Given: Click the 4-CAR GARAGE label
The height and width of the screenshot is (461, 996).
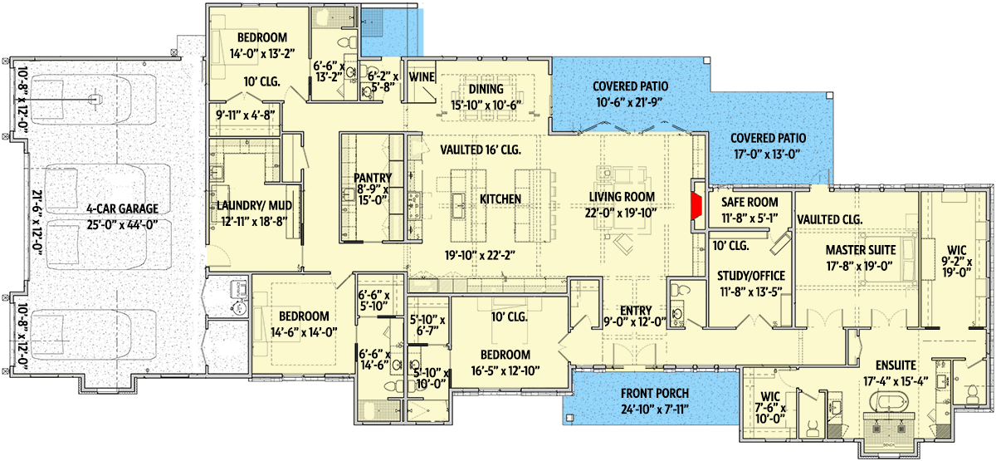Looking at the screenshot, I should click(110, 208).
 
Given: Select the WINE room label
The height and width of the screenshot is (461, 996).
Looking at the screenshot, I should click(422, 77).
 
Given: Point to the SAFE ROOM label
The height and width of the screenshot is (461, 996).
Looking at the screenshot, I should click(749, 202).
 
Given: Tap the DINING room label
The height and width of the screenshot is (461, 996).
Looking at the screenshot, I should click(491, 90).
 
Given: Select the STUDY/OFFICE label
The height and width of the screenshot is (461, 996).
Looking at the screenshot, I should click(750, 276).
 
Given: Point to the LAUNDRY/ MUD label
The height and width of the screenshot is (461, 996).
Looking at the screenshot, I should click(250, 205).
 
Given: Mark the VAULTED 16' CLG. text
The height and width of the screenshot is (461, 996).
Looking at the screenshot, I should click(480, 150).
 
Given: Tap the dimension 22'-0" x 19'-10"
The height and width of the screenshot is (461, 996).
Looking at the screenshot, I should click(622, 213).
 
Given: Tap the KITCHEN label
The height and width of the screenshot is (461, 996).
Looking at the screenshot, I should click(500, 199).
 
